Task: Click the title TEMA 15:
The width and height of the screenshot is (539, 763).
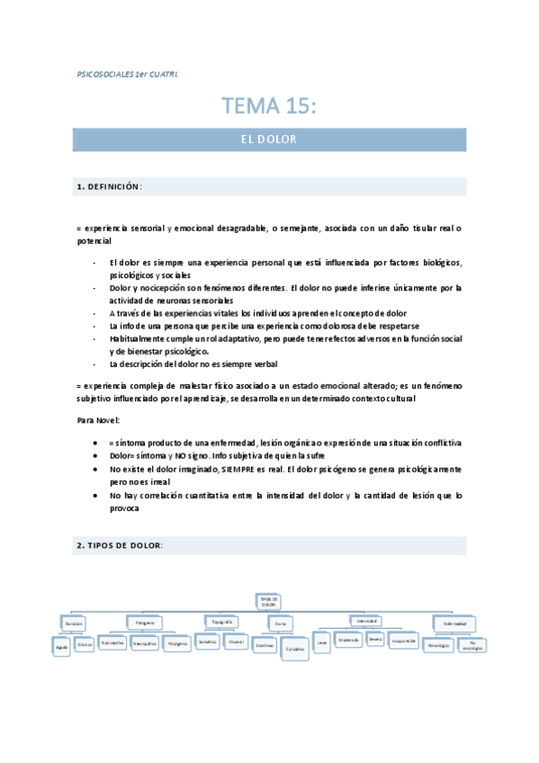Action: tap(269, 107)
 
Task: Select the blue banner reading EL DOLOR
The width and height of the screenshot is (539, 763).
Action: tap(269, 140)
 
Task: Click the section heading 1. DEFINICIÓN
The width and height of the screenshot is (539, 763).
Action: tap(110, 187)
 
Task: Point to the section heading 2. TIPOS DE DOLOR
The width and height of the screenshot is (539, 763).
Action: tap(120, 546)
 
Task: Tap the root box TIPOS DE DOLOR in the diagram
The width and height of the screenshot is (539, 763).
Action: tap(270, 602)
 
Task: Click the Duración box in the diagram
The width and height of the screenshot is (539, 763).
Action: tap(74, 622)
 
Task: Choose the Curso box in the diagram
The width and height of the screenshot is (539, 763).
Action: tap(280, 623)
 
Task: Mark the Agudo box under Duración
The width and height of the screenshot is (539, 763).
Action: tap(61, 647)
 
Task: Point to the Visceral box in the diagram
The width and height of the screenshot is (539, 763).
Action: tap(237, 643)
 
